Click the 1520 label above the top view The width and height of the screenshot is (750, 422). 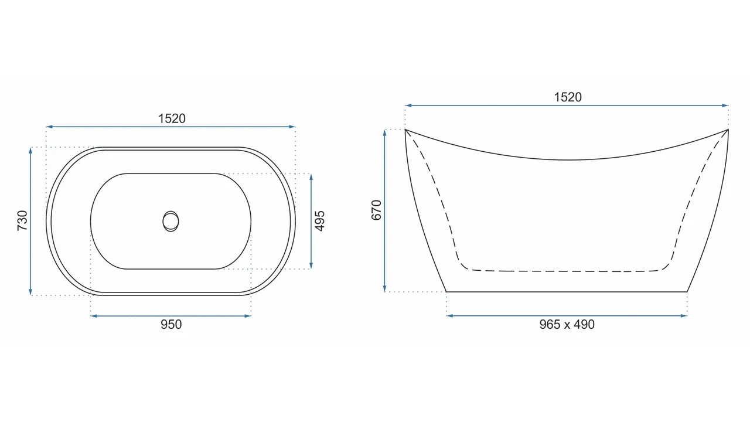(x=172, y=118)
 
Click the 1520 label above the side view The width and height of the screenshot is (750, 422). (x=568, y=97)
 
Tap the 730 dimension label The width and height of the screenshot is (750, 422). (x=22, y=220)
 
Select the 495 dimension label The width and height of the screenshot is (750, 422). (x=320, y=221)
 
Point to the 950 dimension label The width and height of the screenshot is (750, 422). (x=171, y=325)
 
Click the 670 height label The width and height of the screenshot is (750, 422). (x=376, y=210)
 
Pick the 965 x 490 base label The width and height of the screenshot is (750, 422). (x=567, y=325)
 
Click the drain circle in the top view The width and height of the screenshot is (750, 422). (x=171, y=222)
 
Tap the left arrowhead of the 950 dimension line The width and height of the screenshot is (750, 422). (x=94, y=316)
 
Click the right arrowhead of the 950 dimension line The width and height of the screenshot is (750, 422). (x=248, y=316)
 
